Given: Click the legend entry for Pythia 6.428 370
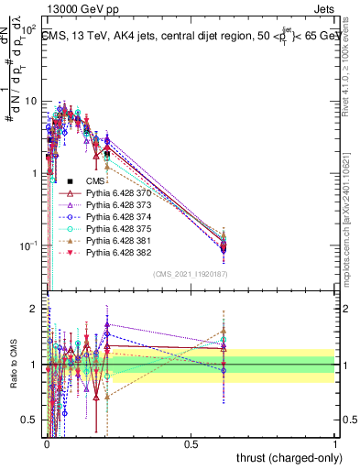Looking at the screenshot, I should point(116,193).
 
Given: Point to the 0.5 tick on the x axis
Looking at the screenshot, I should point(191,442).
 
